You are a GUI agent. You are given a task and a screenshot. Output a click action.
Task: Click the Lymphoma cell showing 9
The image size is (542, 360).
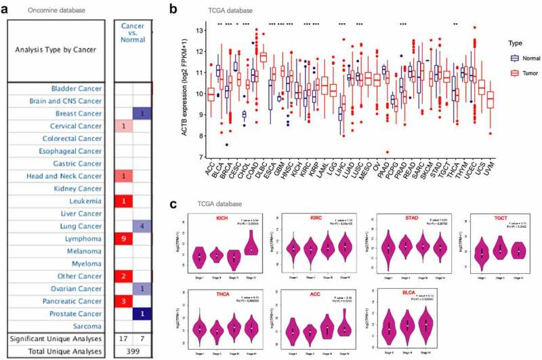click(125, 239)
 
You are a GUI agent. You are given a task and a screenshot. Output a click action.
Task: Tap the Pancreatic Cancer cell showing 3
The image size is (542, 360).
click(125, 300)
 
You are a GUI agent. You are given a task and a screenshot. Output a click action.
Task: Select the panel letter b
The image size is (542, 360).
click(174, 9)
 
